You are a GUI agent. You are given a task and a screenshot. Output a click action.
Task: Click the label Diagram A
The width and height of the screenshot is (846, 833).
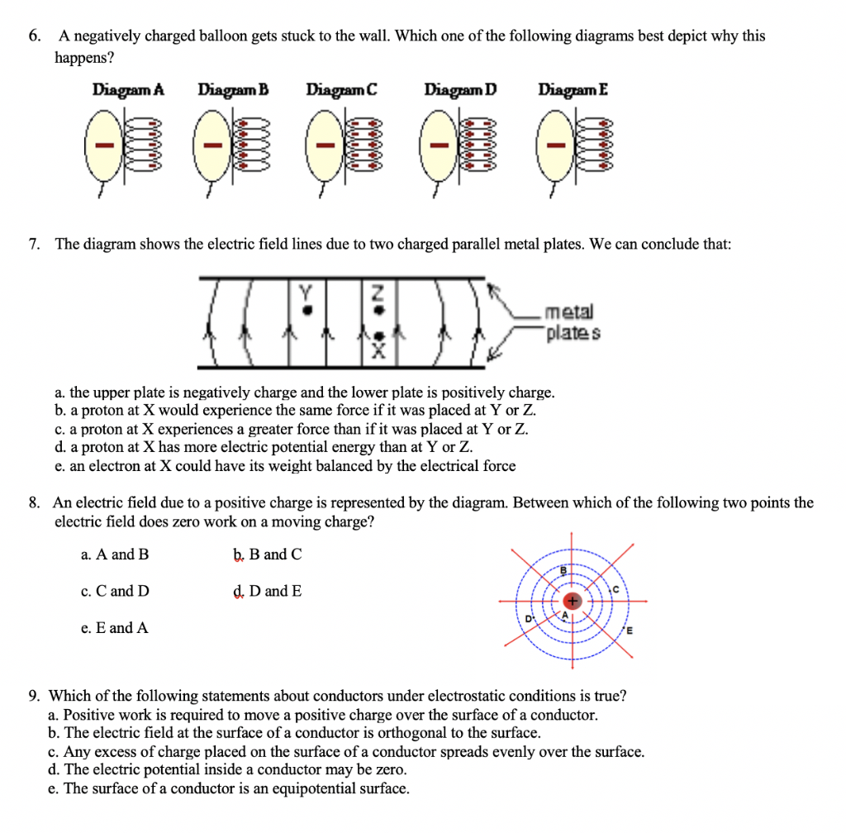(x=128, y=89)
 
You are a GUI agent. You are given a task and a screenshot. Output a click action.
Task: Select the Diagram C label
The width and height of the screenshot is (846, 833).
(x=341, y=89)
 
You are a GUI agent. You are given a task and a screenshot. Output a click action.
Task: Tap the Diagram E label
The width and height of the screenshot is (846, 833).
(x=573, y=89)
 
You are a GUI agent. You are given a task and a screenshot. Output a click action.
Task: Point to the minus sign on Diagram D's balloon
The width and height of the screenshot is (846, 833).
(x=443, y=146)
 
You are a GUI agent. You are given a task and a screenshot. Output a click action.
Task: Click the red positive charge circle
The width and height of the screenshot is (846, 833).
(x=571, y=601)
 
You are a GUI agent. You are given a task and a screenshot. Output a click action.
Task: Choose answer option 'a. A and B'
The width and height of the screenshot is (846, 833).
(x=115, y=555)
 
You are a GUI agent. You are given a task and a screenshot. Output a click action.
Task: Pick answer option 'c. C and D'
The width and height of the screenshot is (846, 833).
(x=115, y=591)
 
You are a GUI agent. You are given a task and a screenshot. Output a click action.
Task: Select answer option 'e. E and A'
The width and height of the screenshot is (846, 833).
(x=115, y=628)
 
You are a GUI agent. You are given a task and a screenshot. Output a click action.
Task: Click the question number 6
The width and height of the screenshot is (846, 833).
(x=32, y=36)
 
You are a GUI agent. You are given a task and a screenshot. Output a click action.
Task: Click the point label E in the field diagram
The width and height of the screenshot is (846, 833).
(x=629, y=633)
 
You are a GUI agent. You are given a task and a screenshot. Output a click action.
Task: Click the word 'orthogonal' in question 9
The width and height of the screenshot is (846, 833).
(x=434, y=733)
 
